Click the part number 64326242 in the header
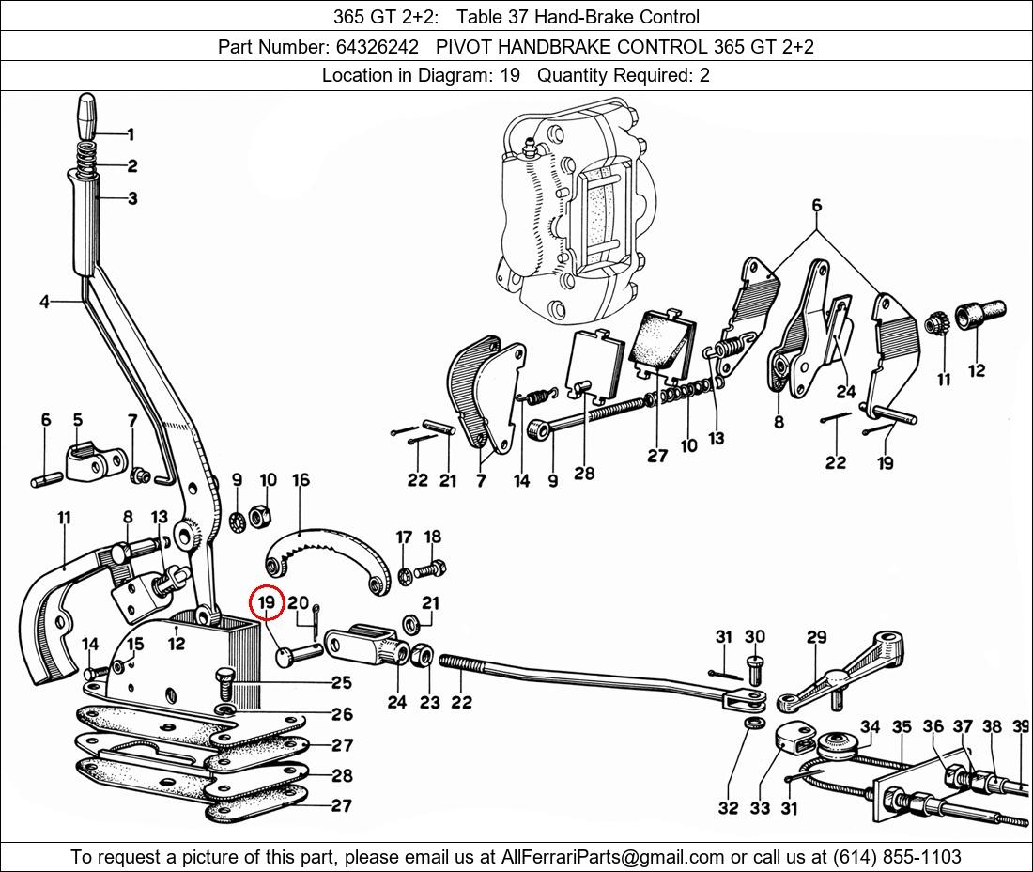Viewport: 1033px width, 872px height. point(377,47)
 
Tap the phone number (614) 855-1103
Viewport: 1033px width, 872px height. point(897,857)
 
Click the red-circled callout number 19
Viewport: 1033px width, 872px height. point(266,602)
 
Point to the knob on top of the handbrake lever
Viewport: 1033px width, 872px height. point(88,117)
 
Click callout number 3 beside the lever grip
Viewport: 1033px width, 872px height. point(132,197)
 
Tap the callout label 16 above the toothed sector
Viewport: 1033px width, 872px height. point(301,480)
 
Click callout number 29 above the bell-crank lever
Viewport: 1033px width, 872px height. point(817,637)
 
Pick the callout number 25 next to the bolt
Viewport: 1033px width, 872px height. point(341,682)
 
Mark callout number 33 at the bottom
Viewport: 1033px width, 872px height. point(760,807)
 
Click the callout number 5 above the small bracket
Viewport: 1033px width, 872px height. point(78,420)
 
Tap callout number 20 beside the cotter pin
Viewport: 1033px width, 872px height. point(298,603)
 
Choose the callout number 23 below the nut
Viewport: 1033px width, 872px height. point(429,703)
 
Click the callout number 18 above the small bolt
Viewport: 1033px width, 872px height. point(432,537)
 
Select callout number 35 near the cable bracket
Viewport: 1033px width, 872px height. point(902,727)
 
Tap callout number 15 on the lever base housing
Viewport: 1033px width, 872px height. point(135,644)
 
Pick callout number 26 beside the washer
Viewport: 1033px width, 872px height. point(342,714)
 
